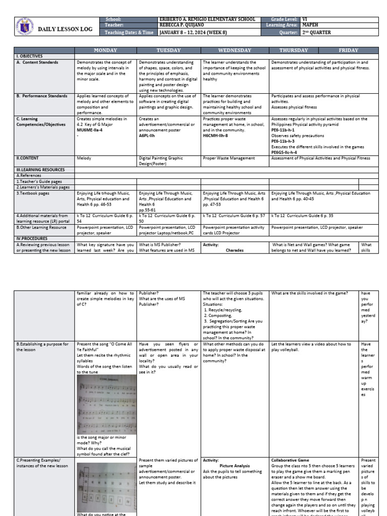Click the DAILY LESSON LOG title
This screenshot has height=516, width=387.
click(x=66, y=30)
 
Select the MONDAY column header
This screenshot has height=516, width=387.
click(x=106, y=50)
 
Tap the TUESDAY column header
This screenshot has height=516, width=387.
click(x=169, y=50)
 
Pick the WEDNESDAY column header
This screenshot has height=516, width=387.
click(x=234, y=50)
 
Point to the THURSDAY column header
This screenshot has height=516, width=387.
click(x=297, y=50)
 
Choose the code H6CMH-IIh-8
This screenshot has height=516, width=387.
click(x=215, y=136)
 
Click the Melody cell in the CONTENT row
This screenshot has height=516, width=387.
click(x=84, y=158)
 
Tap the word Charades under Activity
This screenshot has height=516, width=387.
click(x=234, y=250)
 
